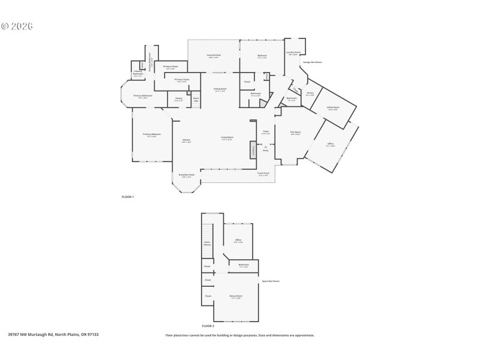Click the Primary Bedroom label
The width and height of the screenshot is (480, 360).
[151, 134]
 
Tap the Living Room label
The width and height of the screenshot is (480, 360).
[227, 137]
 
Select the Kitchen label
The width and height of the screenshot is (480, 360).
[187, 141]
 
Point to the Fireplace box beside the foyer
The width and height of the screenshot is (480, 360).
[254, 152]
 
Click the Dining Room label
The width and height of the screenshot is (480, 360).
[220, 89]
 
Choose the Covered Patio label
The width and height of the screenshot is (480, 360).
[214, 56]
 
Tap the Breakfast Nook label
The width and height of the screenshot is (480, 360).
[185, 176]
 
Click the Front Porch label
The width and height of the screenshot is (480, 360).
[263, 174]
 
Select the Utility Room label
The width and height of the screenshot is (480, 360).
[333, 108]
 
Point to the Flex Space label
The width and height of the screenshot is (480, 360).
[295, 133]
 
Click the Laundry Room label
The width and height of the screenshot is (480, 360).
[294, 53]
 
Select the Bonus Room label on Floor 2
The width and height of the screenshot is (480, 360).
[236, 296]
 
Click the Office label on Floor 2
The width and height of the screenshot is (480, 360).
[238, 241]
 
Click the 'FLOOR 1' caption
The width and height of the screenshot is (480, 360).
[128, 197]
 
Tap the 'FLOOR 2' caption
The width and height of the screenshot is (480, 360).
[208, 325]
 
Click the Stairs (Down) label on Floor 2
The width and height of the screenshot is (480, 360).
[207, 244]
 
